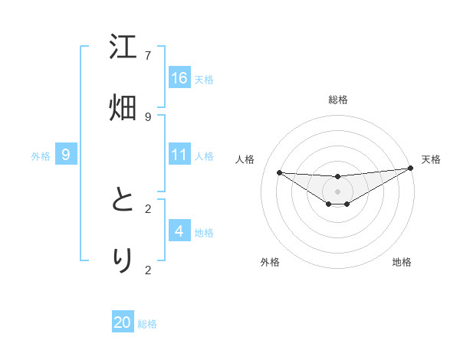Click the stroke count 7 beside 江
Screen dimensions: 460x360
point(148,56)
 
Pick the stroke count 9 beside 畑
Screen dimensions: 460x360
point(148,116)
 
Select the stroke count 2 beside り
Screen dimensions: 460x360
point(148,269)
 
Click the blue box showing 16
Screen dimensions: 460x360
point(179,77)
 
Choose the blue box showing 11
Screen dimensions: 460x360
point(179,155)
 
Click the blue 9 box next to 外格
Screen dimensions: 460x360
point(66,155)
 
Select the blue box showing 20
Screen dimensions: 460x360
point(123,322)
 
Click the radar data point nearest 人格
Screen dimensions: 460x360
point(279,172)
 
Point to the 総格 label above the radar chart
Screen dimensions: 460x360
point(338,100)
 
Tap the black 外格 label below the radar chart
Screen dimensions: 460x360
point(270,262)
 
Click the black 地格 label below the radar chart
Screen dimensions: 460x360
point(402,262)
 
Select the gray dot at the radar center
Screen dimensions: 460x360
point(338,191)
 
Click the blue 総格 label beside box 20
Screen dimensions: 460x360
point(147,324)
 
